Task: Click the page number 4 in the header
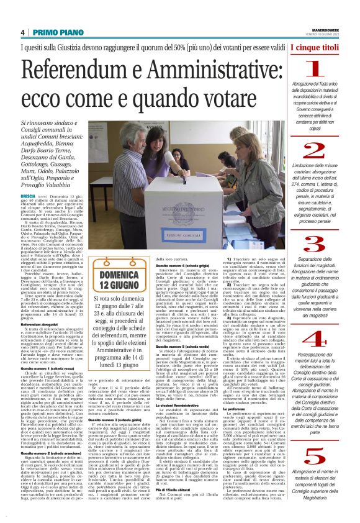(x=22, y=32)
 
